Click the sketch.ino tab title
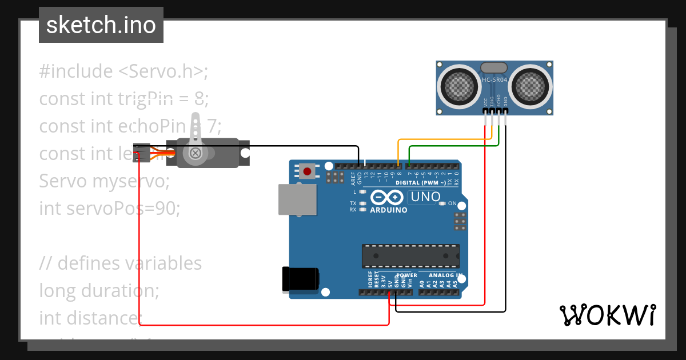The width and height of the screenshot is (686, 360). [101, 25]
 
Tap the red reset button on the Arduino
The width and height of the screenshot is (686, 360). [308, 171]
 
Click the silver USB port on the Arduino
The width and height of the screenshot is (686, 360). [297, 199]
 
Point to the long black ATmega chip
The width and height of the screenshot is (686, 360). [410, 255]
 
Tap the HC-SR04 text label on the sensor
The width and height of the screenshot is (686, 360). [494, 80]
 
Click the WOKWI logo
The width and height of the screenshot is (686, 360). [607, 315]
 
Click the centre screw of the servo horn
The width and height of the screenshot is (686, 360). [196, 153]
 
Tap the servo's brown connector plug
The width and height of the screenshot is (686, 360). [141, 153]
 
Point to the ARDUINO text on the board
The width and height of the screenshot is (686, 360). [389, 210]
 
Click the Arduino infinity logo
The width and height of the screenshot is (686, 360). [387, 198]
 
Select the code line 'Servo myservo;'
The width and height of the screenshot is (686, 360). [105, 181]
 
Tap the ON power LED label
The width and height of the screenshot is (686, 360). [452, 203]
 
